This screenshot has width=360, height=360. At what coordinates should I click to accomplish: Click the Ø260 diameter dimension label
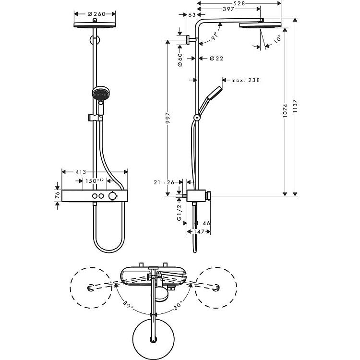point(96,14)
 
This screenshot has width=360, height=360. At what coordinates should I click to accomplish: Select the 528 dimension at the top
point(239,3)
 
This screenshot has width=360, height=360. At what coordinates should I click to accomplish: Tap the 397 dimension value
point(228,9)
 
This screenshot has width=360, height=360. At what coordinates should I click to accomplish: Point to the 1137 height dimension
point(295,106)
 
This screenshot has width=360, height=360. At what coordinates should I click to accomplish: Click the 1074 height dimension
point(285,111)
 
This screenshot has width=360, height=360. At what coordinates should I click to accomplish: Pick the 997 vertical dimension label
point(168,118)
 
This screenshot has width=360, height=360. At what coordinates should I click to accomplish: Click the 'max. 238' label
point(245,80)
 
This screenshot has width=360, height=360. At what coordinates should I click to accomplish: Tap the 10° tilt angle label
point(277,39)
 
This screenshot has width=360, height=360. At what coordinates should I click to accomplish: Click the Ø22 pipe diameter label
point(216,59)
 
